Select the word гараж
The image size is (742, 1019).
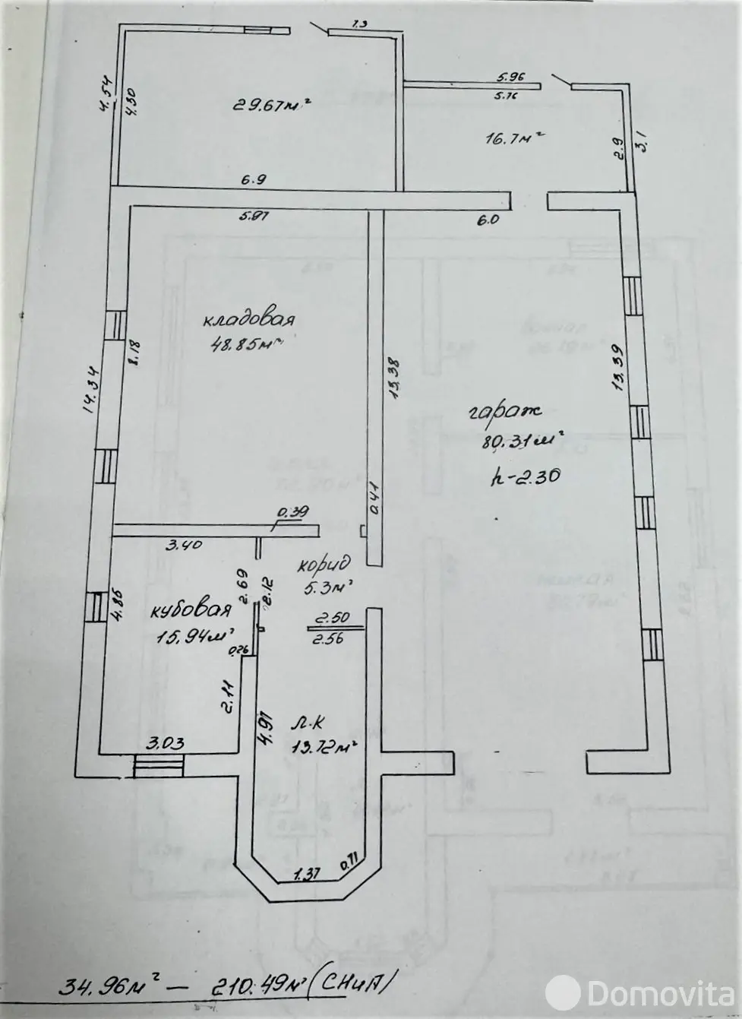[504, 412]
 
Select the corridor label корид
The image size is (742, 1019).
[324, 565]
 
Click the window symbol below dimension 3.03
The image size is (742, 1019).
[158, 766]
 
